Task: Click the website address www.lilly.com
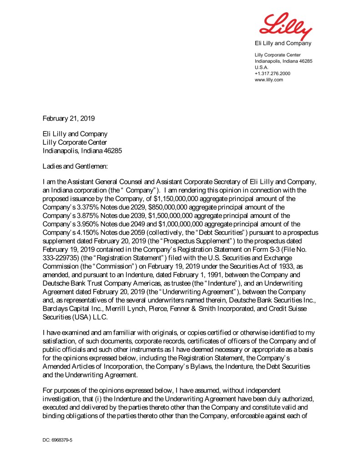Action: (x=269, y=80)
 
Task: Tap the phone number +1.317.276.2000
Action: (x=273, y=73)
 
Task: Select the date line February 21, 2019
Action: (x=69, y=118)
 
